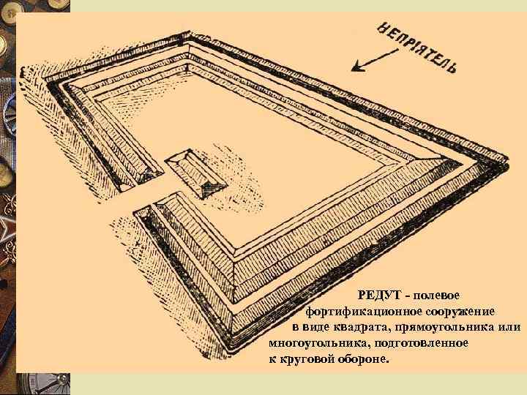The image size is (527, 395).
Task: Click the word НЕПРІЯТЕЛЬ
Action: point(416,48)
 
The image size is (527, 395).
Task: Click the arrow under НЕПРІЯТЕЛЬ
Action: point(375,60)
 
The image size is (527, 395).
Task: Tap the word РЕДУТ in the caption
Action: point(379,296)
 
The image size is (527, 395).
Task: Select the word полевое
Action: point(436,296)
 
